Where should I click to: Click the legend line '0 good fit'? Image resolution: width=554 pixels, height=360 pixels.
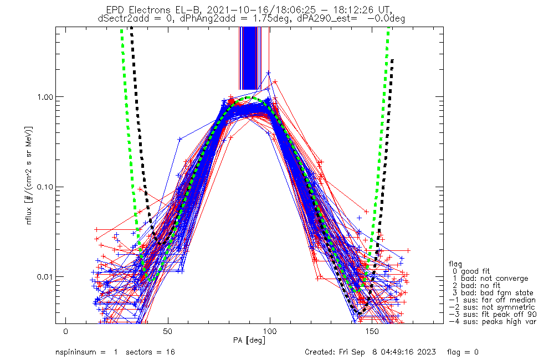474,271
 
